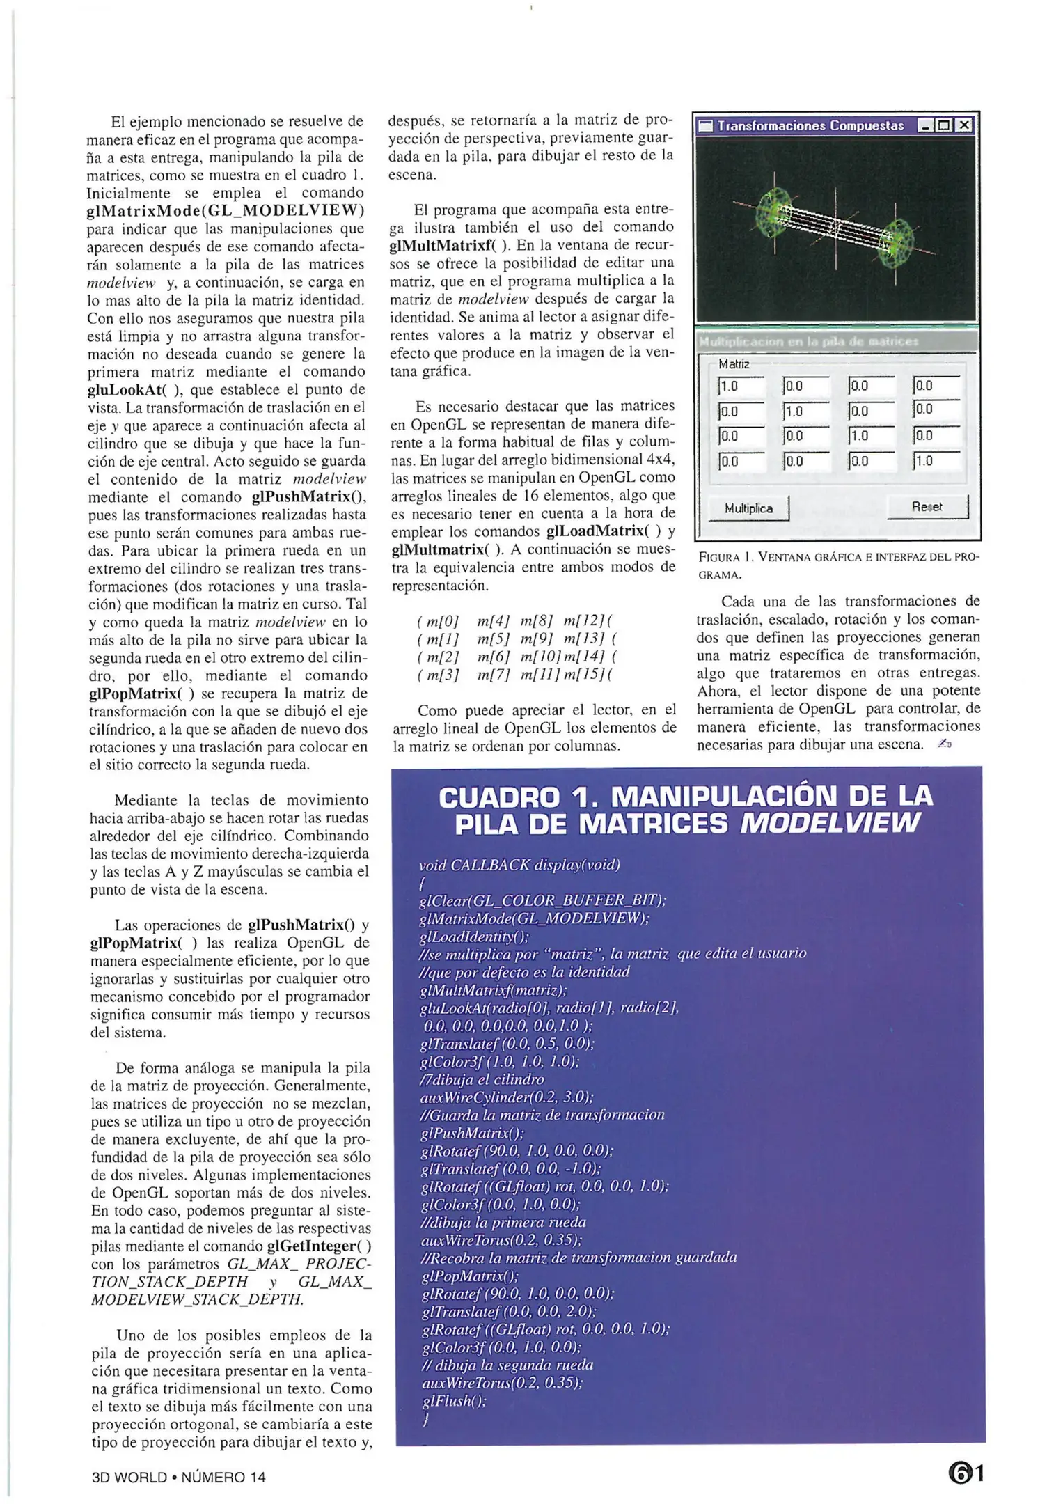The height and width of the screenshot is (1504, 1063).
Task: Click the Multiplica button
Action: click(x=748, y=508)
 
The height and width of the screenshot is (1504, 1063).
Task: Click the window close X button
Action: click(x=963, y=125)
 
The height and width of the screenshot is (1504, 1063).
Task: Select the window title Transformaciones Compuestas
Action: click(x=810, y=126)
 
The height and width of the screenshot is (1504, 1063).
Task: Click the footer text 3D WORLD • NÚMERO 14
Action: click(x=179, y=1477)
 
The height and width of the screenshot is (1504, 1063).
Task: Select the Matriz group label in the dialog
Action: click(x=734, y=363)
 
